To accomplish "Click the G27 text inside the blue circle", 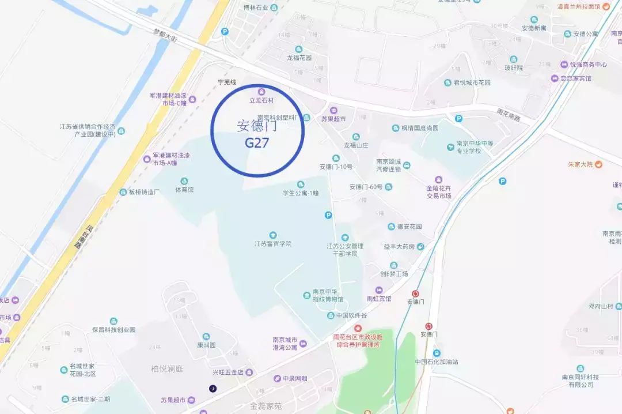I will click(257, 143).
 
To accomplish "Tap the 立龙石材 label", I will click(261, 100).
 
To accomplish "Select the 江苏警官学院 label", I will click(273, 243).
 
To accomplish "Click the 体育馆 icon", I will click(184, 181).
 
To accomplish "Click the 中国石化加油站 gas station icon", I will click(437, 353).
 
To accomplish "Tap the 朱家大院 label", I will click(580, 164).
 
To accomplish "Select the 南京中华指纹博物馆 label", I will click(328, 295).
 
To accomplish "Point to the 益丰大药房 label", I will click(399, 246).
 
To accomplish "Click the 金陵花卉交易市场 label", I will click(438, 192).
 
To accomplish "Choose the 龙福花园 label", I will click(299, 58).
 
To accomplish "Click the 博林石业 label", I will click(256, 7).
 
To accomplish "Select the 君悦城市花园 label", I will click(472, 82).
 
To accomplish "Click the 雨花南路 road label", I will click(508, 114).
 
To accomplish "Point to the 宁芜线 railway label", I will click(227, 82).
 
